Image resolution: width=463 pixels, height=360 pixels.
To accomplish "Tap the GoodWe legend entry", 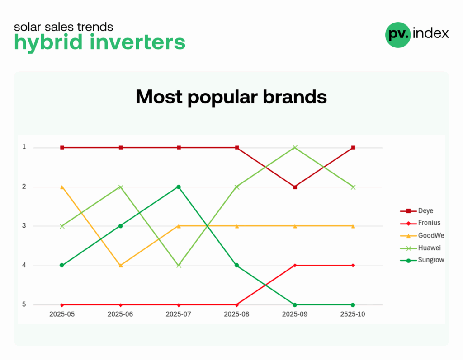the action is pyautogui.click(x=422, y=235).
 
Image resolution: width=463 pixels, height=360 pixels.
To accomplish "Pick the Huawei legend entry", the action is pyautogui.click(x=420, y=248).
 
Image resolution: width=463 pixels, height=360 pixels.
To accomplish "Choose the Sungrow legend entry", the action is pyautogui.click(x=422, y=260).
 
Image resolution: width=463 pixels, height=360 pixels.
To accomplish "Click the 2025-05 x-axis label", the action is pyautogui.click(x=62, y=314).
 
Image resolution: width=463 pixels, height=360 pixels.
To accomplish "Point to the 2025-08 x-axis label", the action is pyautogui.click(x=236, y=314).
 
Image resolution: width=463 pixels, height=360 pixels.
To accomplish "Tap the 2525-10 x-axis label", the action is pyautogui.click(x=353, y=314).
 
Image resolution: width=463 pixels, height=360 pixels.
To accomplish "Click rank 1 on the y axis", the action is pyautogui.click(x=24, y=147).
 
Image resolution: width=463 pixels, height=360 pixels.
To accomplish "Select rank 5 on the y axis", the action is pyautogui.click(x=24, y=304).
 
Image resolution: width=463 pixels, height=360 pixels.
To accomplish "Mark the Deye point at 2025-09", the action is pyautogui.click(x=295, y=187).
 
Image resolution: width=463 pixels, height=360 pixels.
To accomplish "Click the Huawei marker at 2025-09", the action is pyautogui.click(x=295, y=147).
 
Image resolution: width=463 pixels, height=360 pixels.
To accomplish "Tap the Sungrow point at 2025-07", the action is pyautogui.click(x=178, y=187).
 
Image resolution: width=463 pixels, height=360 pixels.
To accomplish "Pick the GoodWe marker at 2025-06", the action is pyautogui.click(x=120, y=265).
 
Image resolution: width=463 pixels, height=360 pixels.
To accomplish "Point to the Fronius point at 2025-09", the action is pyautogui.click(x=295, y=266).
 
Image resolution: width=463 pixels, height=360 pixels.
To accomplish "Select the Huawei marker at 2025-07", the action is pyautogui.click(x=179, y=266).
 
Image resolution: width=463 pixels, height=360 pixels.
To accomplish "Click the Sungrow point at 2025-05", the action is pyautogui.click(x=61, y=265).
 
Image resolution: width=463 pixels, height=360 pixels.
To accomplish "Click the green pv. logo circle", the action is pyautogui.click(x=398, y=35).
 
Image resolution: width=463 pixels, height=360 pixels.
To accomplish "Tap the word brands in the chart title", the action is pyautogui.click(x=295, y=97).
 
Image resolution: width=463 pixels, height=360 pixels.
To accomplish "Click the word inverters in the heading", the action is pyautogui.click(x=137, y=42).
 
